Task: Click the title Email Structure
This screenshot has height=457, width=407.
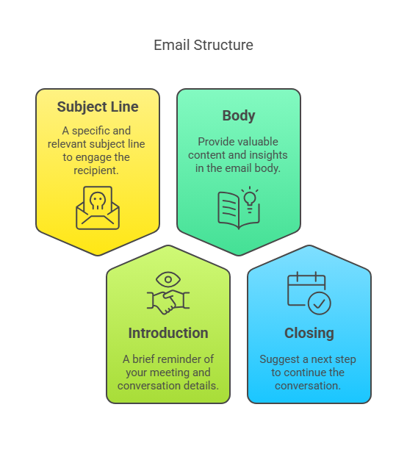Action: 203,45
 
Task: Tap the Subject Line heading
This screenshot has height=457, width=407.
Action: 98,107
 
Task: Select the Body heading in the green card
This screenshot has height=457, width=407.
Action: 239,115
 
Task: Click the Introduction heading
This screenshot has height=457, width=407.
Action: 168,333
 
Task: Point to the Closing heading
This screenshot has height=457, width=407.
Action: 309,334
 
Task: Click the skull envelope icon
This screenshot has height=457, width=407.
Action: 98,208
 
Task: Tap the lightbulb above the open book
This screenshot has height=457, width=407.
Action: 250,199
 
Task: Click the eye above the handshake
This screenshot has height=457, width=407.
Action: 168,279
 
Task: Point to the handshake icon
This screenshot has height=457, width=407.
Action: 168,302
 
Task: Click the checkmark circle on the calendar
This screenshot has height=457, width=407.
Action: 320,303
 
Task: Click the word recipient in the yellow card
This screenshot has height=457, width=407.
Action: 96,170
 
